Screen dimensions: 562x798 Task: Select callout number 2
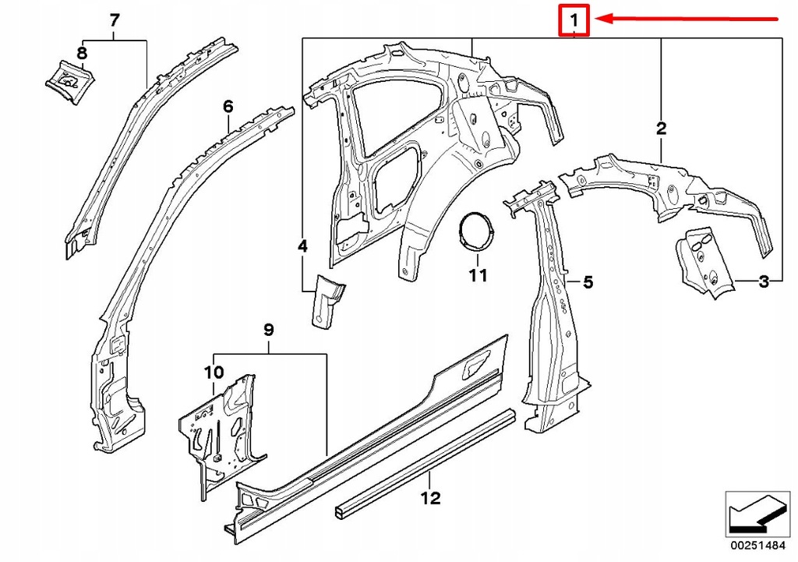pos(661,129)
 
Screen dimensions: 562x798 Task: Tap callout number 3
pos(764,281)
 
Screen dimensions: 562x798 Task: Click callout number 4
pos(302,246)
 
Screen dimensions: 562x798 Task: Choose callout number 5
pos(588,282)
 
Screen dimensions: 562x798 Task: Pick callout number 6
pos(228,105)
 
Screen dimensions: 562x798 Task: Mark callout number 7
pos(115,20)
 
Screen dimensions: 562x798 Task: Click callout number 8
pos(82,53)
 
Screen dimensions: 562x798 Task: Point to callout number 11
pos(477,274)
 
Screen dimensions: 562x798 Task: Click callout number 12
pos(431,497)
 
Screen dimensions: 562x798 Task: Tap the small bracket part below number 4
pos(325,300)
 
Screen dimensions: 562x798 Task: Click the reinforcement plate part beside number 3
pos(704,263)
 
